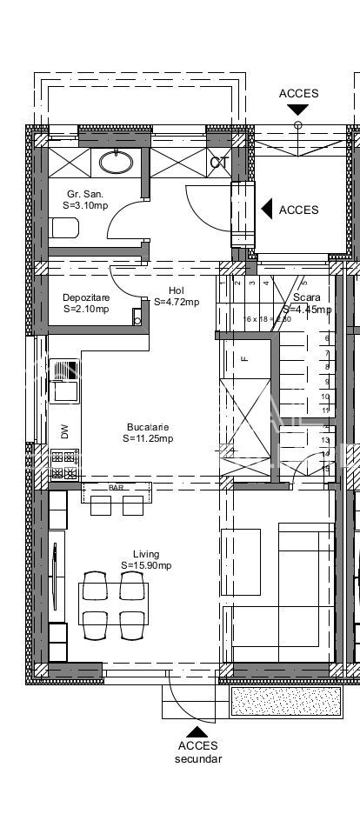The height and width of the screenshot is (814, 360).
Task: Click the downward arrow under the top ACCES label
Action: [x=298, y=110]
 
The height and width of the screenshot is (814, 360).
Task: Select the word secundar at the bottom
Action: [x=198, y=758]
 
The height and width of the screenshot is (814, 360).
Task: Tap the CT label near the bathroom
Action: [x=219, y=163]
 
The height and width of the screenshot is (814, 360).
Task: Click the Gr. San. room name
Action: [x=86, y=194]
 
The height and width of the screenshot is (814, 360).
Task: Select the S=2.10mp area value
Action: [x=86, y=309]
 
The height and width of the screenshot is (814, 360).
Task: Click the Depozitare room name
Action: [x=86, y=297]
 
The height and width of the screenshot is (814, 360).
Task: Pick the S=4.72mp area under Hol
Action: [x=177, y=303]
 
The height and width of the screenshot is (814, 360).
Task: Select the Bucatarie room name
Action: [x=148, y=427]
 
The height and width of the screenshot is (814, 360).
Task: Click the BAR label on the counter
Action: [x=116, y=488]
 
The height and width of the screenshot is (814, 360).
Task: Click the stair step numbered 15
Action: [x=326, y=468]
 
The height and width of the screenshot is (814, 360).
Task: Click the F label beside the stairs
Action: [x=245, y=357]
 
